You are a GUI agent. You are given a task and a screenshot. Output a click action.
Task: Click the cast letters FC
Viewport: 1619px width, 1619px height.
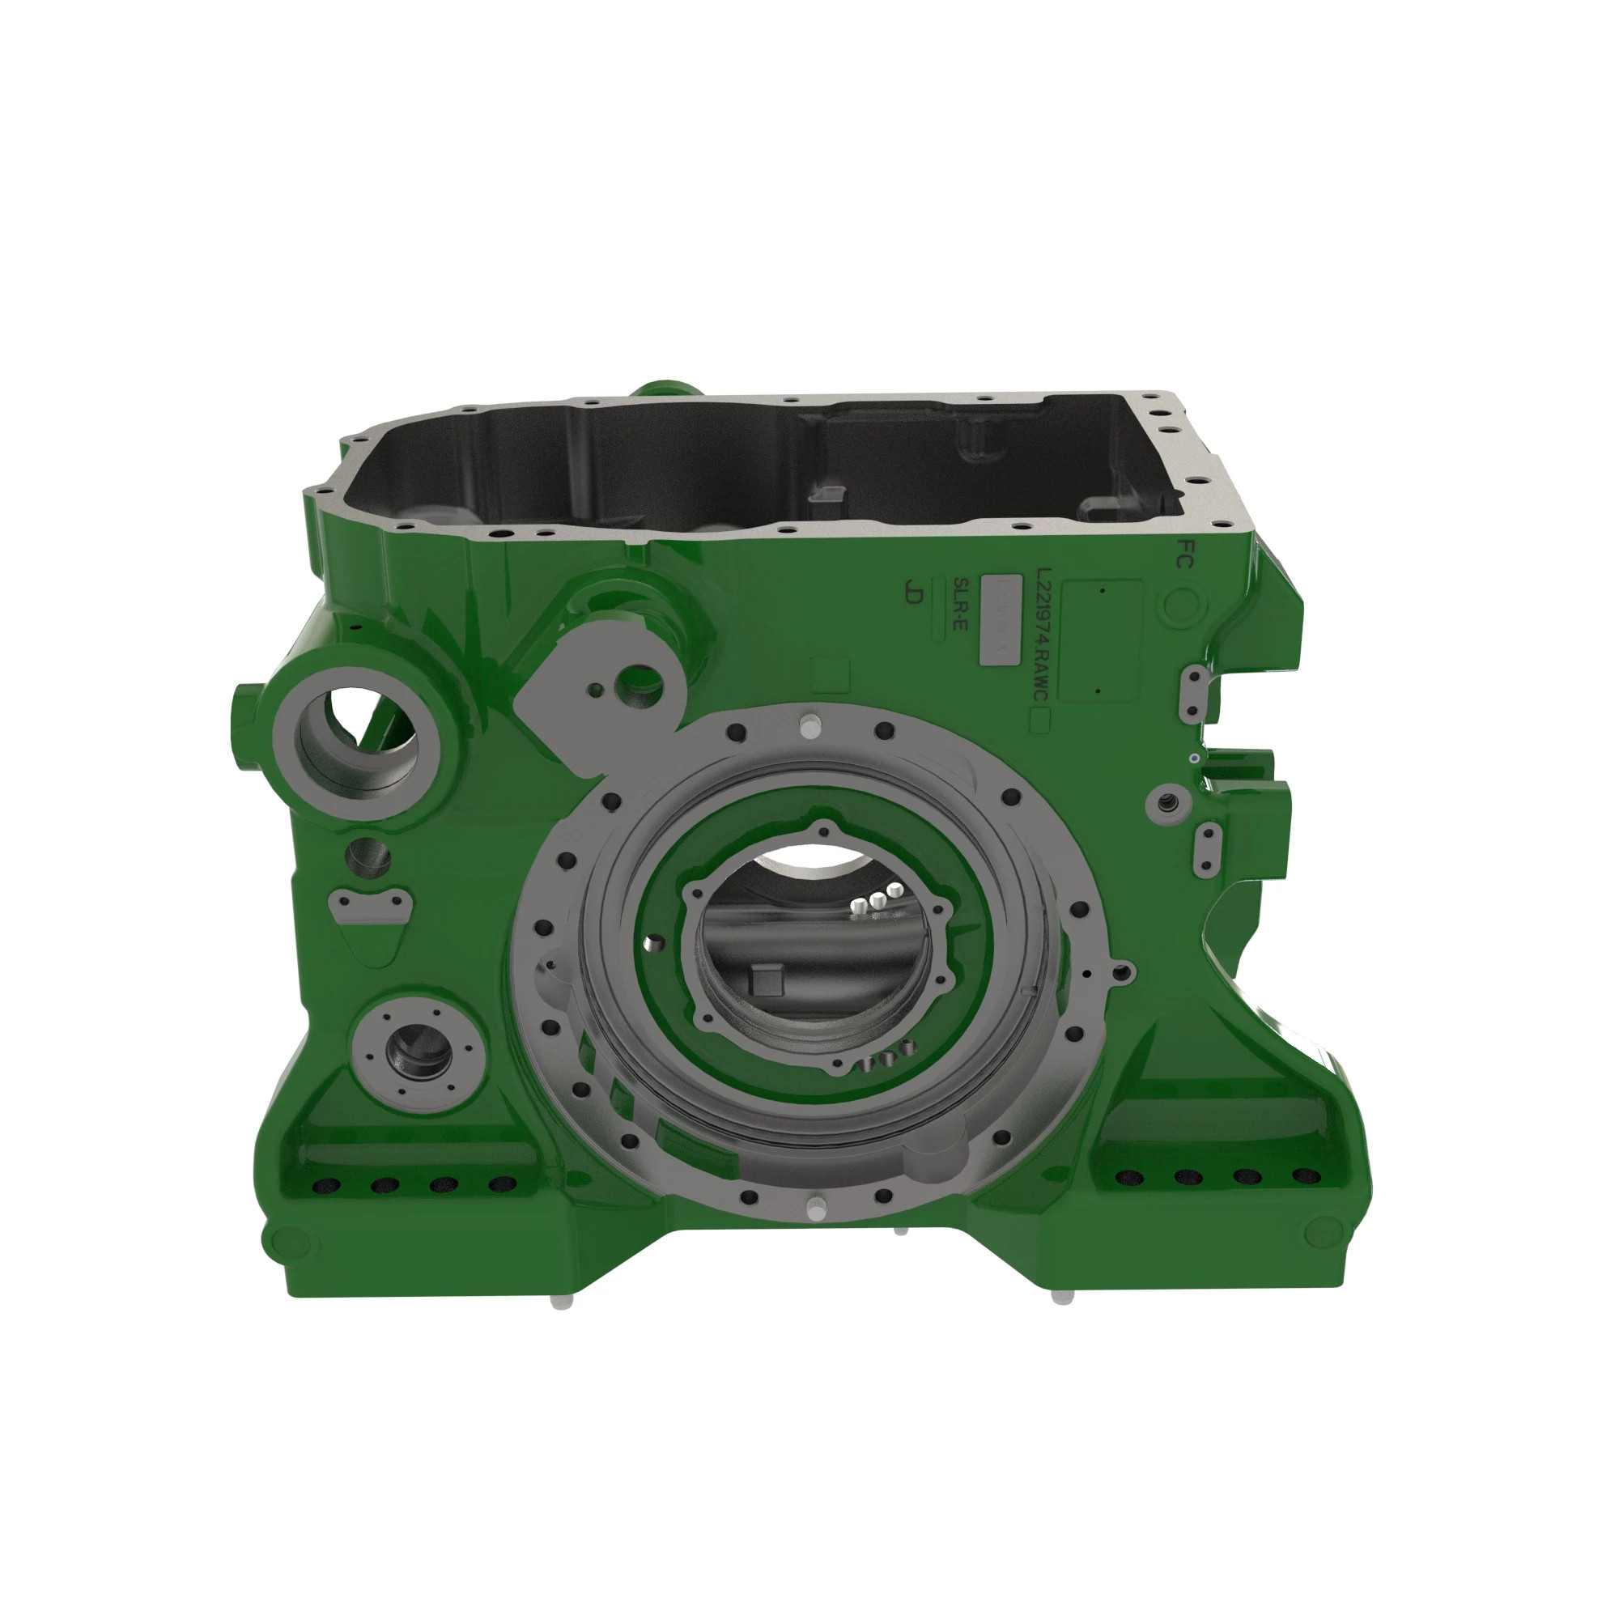pyautogui.click(x=1184, y=554)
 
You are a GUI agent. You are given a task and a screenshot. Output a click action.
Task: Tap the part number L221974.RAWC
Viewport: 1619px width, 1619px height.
pyautogui.click(x=1043, y=637)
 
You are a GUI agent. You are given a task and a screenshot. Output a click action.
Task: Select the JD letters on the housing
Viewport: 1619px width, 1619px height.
pyautogui.click(x=914, y=592)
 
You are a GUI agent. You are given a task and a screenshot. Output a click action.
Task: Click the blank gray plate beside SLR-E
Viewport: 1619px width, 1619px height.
pyautogui.click(x=1001, y=621)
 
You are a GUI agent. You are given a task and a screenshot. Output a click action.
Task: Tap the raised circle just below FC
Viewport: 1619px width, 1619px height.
pyautogui.click(x=1181, y=606)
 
